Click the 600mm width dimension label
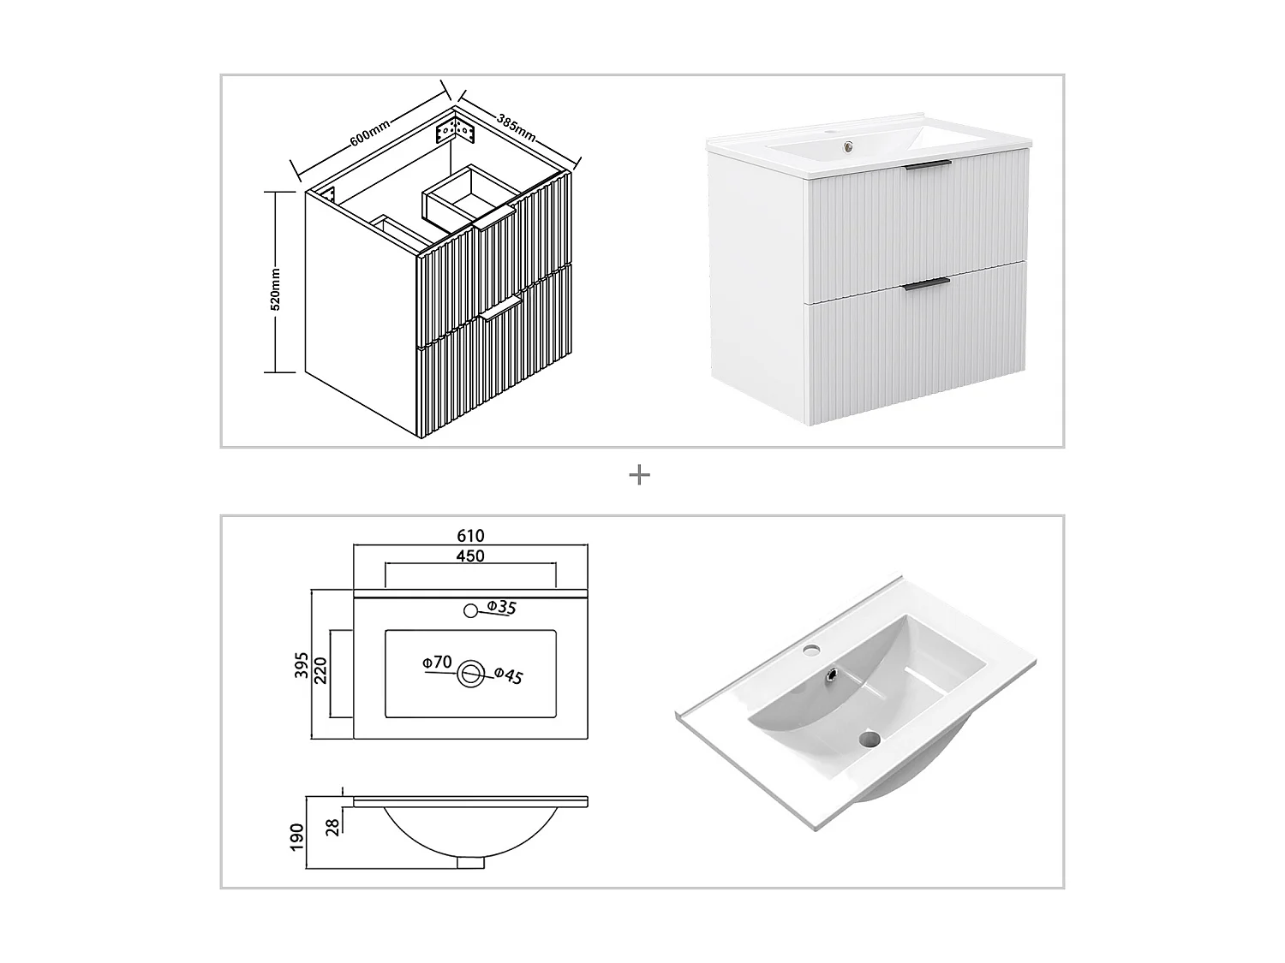(x=370, y=131)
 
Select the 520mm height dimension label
(x=275, y=288)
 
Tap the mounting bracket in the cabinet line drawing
(x=453, y=132)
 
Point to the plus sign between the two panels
(x=639, y=475)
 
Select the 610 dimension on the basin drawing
(x=470, y=536)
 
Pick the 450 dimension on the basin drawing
(x=470, y=556)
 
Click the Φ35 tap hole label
(x=501, y=608)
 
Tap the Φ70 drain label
(x=436, y=662)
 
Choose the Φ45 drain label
(x=508, y=675)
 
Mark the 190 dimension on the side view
(x=297, y=836)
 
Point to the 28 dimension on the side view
(x=332, y=826)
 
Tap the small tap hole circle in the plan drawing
(x=470, y=610)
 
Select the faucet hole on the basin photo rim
(x=810, y=651)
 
